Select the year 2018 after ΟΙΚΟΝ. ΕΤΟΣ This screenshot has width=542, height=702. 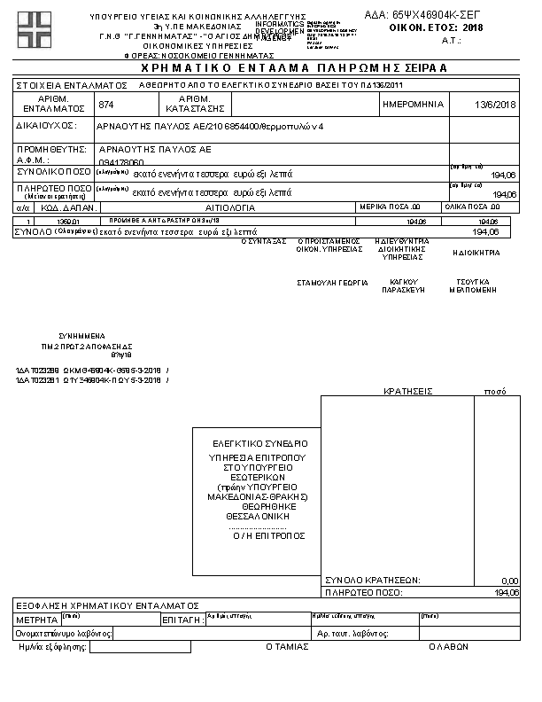[x=474, y=27]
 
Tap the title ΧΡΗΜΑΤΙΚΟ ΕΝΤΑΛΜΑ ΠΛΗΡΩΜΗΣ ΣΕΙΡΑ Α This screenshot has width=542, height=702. [x=270, y=67]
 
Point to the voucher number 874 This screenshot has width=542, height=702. [x=106, y=105]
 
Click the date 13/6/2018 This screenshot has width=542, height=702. [x=495, y=105]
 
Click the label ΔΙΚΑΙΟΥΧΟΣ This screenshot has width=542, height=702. [x=47, y=126]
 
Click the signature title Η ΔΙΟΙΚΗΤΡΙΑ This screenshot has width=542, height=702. [x=476, y=253]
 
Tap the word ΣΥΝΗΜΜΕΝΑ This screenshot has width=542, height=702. [x=82, y=337]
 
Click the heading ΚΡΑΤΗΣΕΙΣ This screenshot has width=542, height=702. [x=407, y=390]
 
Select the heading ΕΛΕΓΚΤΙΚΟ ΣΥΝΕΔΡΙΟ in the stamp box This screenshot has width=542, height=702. [x=259, y=443]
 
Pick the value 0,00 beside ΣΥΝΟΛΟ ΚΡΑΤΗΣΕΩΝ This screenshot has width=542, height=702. [x=509, y=580]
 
